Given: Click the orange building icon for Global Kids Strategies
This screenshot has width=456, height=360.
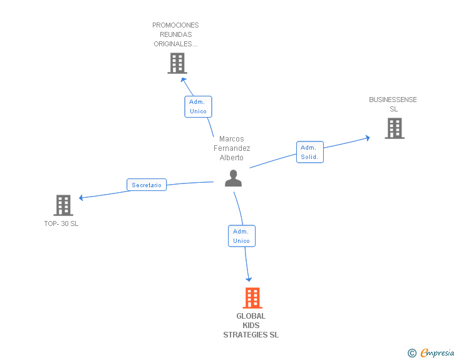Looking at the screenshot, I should click(252, 298).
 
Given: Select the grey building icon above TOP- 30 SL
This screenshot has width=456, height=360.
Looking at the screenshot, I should click(63, 205).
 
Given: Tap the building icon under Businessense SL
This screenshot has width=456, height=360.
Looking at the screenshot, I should click(394, 128).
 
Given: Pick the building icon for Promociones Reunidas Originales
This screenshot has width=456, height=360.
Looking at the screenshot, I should click(177, 63).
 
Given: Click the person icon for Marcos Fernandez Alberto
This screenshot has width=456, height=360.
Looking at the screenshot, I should click(233, 178).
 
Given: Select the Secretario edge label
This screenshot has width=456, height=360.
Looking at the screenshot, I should click(147, 185).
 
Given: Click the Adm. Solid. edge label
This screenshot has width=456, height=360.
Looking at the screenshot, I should click(309, 152).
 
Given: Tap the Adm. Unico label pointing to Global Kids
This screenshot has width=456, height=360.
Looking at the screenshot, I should click(241, 236).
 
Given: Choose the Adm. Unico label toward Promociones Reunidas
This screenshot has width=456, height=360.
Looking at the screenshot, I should click(198, 106).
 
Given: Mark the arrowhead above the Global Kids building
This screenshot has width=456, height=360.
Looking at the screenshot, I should click(249, 279).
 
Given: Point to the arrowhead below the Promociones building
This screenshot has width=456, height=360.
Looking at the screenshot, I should click(183, 80).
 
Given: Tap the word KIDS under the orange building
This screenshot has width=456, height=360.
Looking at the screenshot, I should click(251, 326).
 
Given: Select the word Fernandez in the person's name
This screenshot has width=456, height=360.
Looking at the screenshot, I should click(232, 148).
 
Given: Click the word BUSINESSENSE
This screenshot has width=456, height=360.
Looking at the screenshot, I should click(393, 100).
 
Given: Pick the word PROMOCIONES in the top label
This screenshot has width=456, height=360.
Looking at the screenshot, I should click(175, 26).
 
